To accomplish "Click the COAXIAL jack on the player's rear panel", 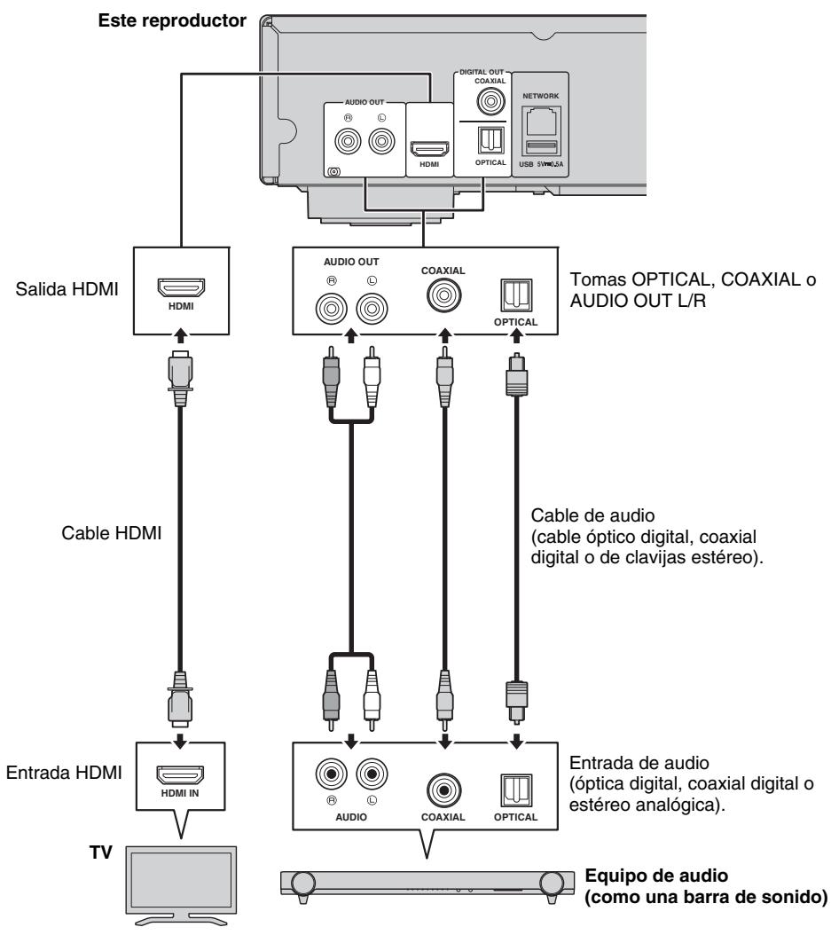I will pos(486,100).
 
